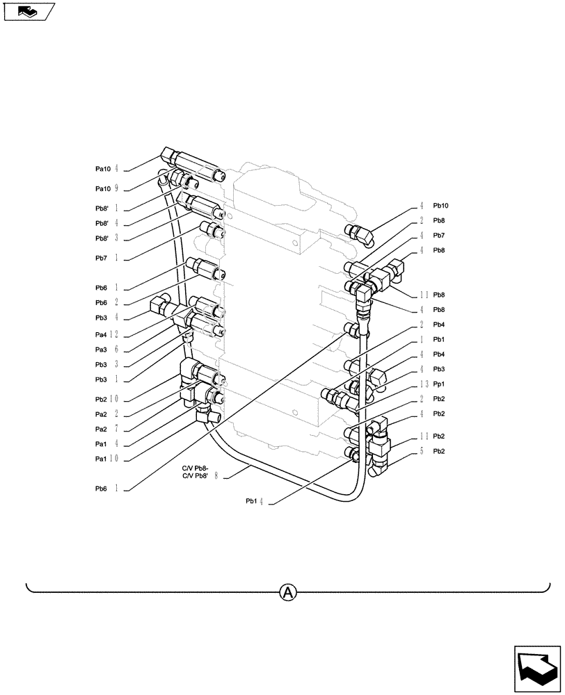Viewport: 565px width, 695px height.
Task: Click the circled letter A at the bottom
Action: (x=288, y=592)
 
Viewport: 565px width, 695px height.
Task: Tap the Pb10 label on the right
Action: (x=441, y=206)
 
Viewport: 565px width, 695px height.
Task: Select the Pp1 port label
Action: (x=440, y=384)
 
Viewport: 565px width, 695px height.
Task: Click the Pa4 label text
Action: (x=103, y=335)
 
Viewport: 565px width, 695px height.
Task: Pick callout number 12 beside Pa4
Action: (x=118, y=335)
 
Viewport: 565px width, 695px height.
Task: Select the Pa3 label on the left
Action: (x=103, y=350)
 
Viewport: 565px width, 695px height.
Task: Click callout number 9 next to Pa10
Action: (x=117, y=188)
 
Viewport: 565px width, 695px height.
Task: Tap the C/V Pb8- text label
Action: (x=196, y=468)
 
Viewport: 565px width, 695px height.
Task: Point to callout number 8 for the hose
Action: (x=218, y=477)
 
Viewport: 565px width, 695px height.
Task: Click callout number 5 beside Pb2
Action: (x=422, y=451)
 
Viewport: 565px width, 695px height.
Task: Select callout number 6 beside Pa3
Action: (x=117, y=350)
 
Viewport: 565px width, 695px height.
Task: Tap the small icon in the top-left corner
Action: (x=29, y=12)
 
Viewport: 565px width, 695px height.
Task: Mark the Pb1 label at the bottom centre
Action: (x=251, y=500)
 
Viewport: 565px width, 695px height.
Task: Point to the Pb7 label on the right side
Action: (x=438, y=236)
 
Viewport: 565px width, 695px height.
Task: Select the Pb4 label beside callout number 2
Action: (x=438, y=325)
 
